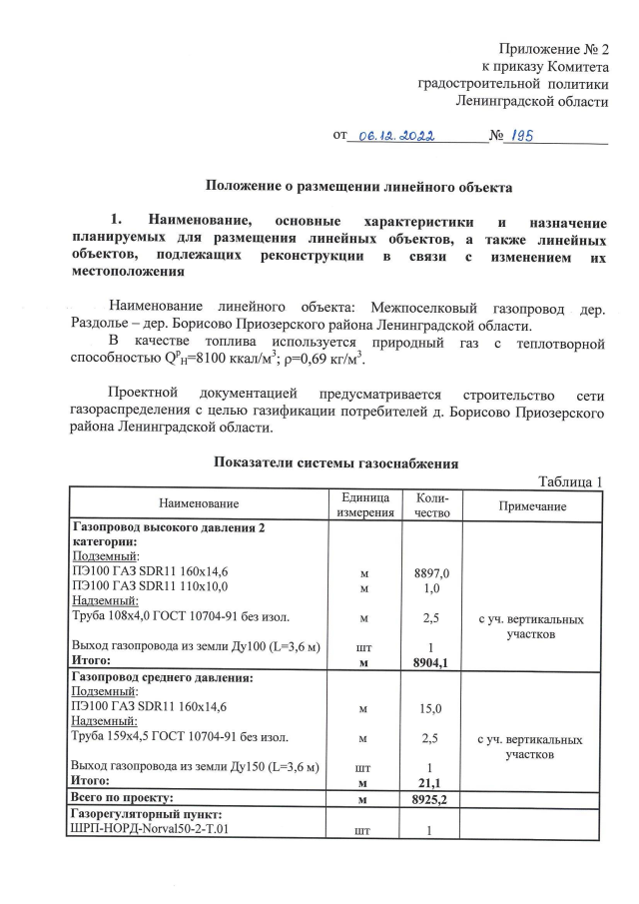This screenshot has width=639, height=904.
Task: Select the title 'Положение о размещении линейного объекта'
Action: (358, 186)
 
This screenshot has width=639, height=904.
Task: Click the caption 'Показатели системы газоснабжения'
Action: (336, 463)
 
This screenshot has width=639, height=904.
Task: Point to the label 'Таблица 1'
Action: (571, 482)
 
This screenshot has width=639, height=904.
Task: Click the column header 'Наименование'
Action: (197, 506)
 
